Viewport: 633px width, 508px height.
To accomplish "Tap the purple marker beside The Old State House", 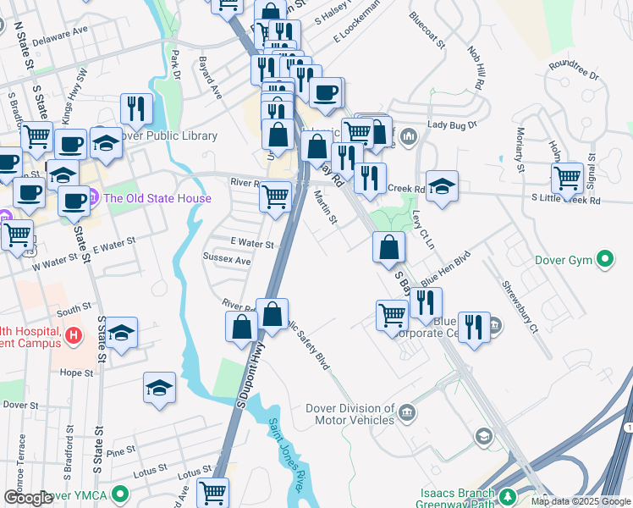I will (94, 199).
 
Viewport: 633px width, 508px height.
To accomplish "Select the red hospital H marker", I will (74, 336).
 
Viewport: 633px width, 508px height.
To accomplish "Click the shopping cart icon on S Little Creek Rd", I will (566, 178).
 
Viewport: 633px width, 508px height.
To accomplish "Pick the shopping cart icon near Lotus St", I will (212, 492).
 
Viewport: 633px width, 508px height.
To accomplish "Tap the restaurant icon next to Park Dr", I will (136, 108).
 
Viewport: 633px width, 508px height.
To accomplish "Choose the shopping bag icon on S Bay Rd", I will (388, 247).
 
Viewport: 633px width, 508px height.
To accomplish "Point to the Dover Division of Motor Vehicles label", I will (354, 414).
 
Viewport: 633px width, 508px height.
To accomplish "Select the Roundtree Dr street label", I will (573, 69).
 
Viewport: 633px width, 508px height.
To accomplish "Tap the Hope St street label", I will (76, 373).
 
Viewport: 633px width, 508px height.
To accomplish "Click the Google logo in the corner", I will (27, 498).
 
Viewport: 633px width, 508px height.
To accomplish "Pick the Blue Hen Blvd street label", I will (445, 266).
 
